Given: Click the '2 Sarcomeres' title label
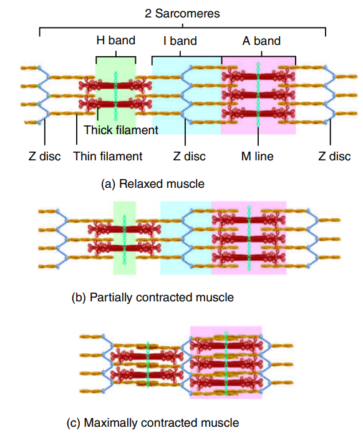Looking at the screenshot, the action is pos(182,13).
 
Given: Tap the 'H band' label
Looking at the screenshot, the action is pos(116,40).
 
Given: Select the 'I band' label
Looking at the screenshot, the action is pos(180,41).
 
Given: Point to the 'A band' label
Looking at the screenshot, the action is pos(261,41).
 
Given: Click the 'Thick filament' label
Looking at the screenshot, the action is pos(121,130).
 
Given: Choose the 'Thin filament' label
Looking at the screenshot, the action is pos(108,156).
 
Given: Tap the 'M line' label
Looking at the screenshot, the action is pos(257,156).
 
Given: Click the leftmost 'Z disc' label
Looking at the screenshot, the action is pos(44,156).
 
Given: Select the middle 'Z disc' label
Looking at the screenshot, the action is pos(190,156).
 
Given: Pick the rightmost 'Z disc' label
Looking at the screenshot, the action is pos(334,156).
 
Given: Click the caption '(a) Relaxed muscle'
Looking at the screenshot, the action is pos(153,184).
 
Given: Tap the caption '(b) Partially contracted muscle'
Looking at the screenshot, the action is pos(152,297).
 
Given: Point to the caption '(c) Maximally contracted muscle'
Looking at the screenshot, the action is pos(153,422).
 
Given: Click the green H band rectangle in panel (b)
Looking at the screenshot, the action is pos(125,238).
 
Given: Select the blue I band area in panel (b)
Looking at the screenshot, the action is pos(186,238).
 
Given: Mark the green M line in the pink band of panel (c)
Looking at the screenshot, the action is pos(226,363).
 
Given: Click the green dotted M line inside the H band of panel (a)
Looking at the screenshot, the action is pos(115,96).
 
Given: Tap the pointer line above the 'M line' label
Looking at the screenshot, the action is pos(258,136).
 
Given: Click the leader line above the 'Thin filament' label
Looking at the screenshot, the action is pos(77,129).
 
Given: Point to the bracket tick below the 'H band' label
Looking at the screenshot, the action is pos(116,54).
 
